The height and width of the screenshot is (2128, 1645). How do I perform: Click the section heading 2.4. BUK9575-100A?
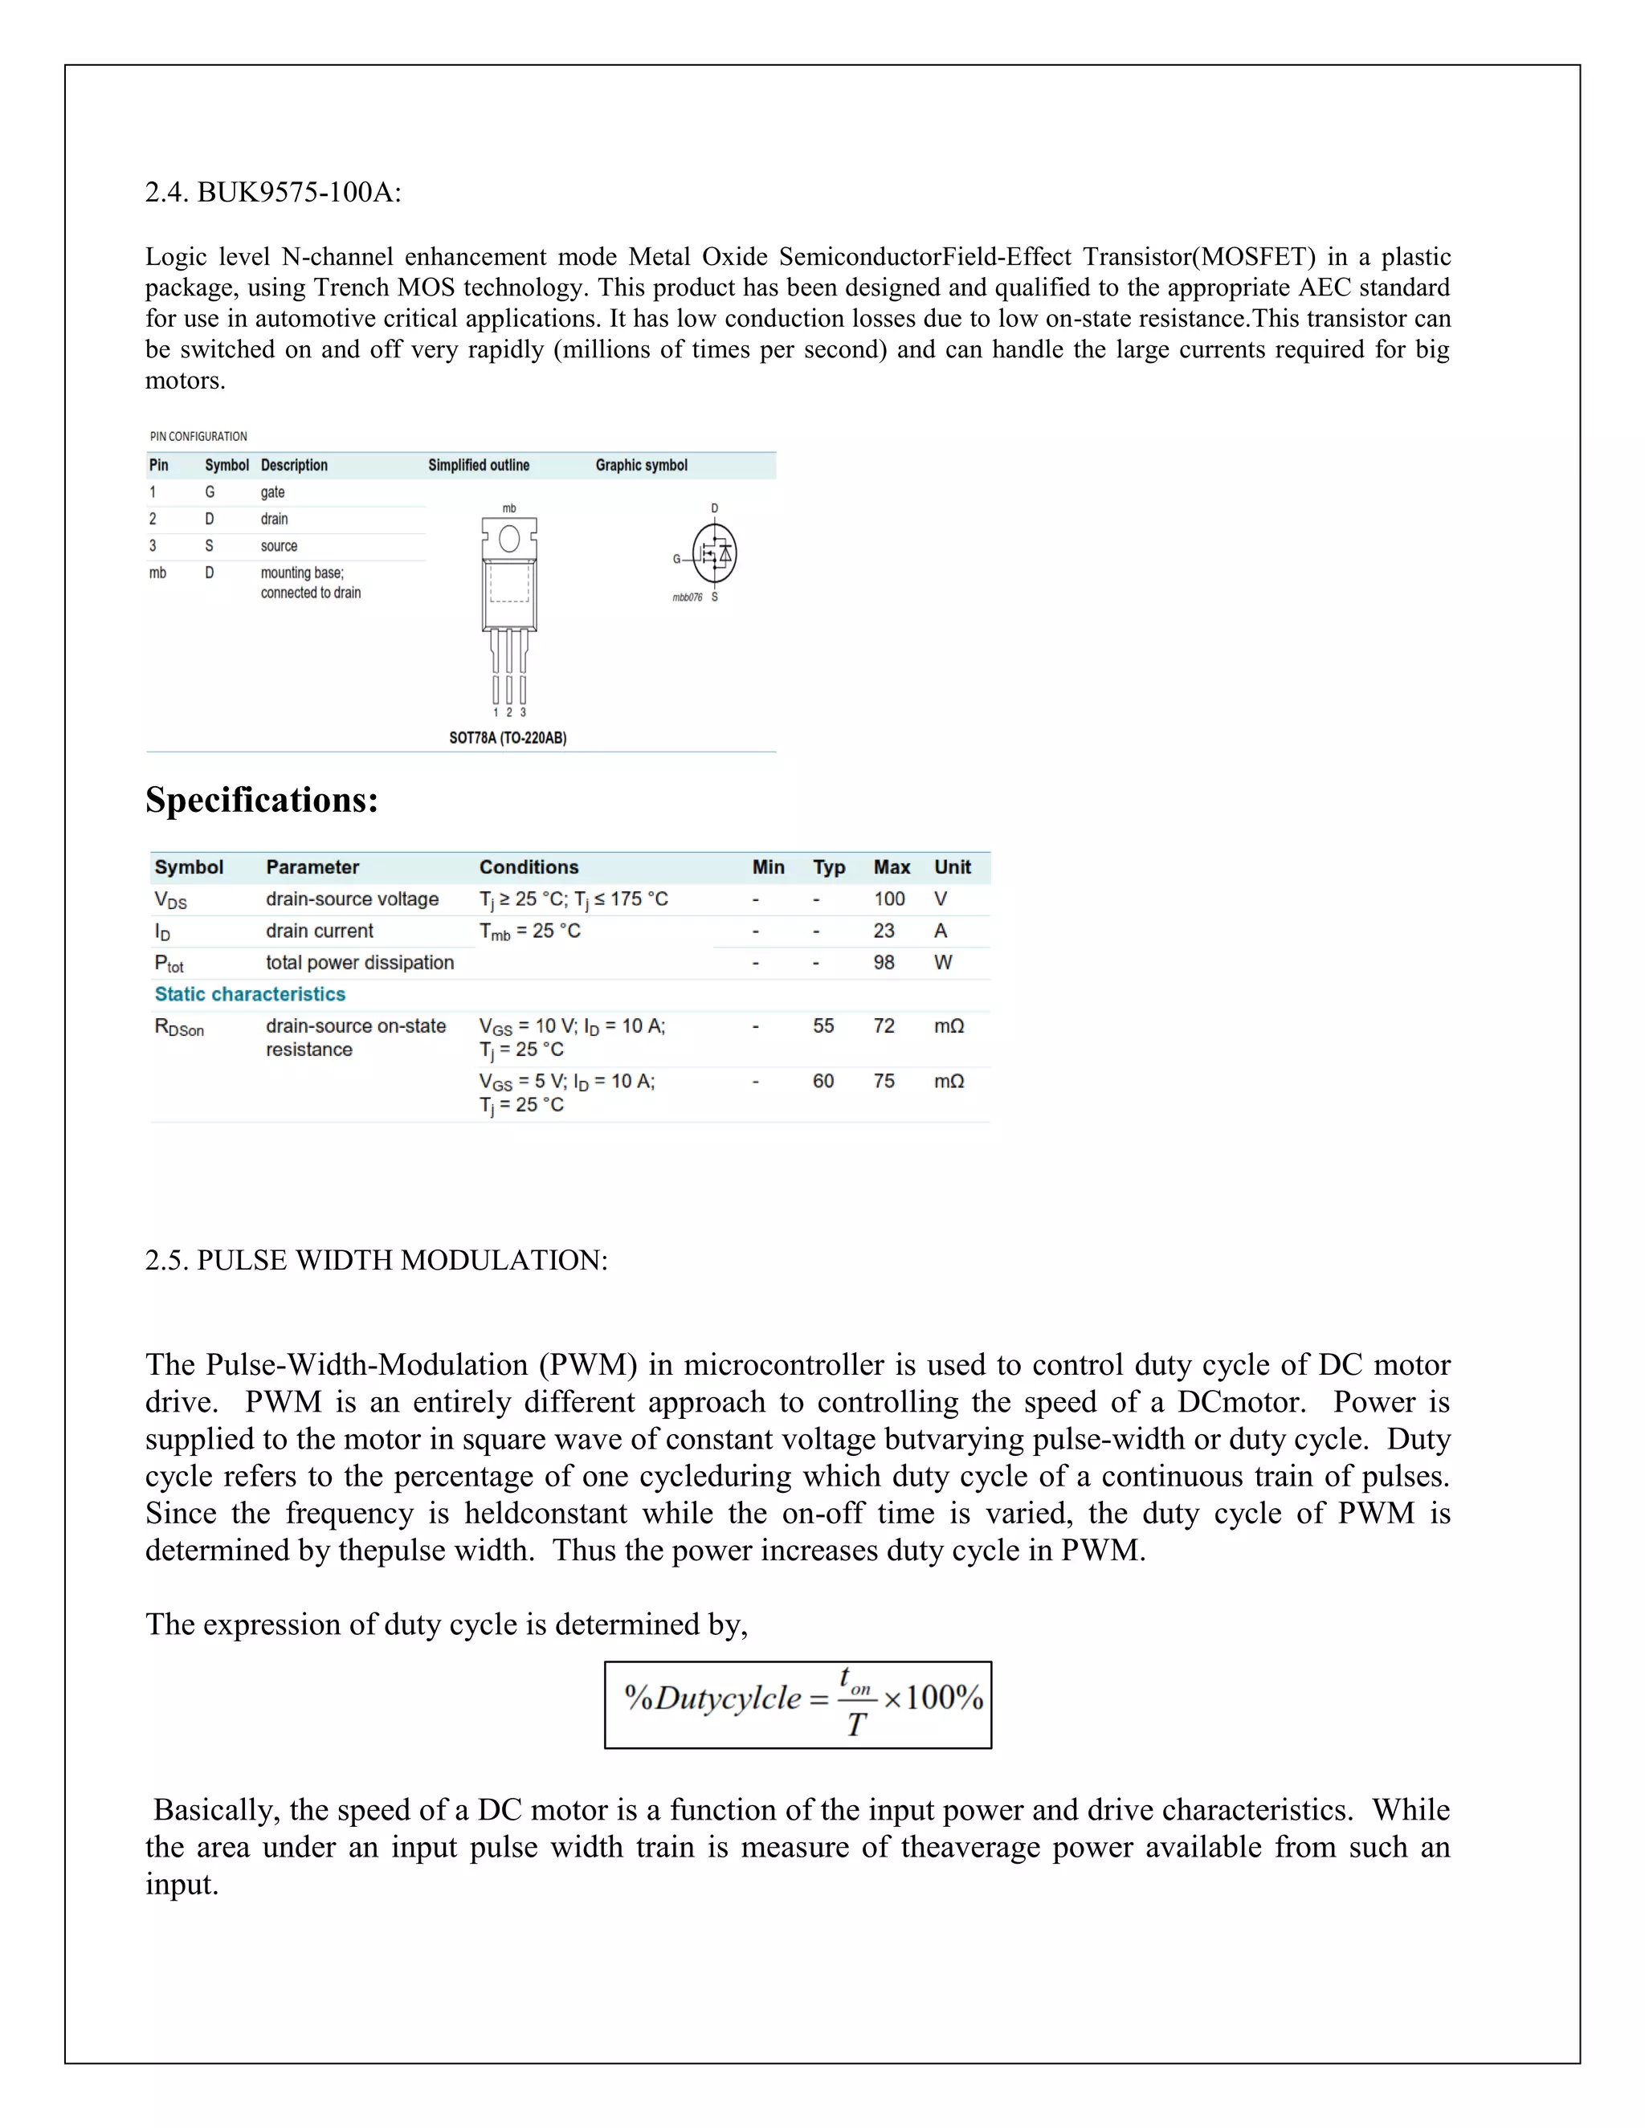coord(273,192)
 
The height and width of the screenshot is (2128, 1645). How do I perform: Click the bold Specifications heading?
coord(261,800)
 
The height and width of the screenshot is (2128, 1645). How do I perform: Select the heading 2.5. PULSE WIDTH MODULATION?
coord(376,1260)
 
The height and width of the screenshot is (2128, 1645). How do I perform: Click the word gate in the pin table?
coord(273,492)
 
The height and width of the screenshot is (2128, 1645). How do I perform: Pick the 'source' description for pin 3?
coord(279,545)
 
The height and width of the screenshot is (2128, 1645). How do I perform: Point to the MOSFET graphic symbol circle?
coord(714,552)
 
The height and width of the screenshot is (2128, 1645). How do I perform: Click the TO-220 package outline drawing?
coord(508,604)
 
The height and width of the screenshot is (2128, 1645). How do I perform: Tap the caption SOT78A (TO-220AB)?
coord(508,738)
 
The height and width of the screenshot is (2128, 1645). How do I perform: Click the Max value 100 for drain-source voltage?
coord(889,899)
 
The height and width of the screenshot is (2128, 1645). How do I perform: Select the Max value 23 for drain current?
coord(883,931)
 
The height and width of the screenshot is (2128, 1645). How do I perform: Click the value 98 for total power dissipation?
coord(883,962)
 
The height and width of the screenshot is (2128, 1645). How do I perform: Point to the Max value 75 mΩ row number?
coord(883,1081)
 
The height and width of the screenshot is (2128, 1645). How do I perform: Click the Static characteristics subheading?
coord(250,994)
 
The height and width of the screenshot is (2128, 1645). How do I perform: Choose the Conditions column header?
coord(529,867)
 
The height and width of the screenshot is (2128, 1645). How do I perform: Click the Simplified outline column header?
coord(479,465)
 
